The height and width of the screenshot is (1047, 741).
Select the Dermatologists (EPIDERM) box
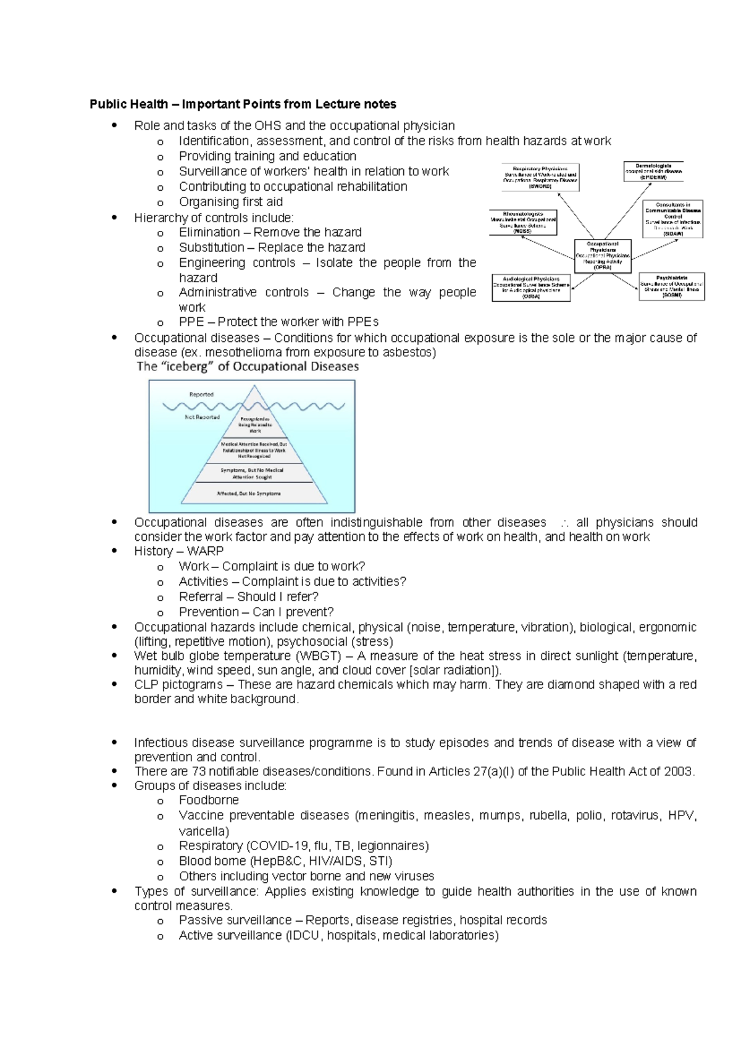pyautogui.click(x=653, y=171)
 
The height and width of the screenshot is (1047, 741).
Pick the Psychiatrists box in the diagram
pyautogui.click(x=671, y=287)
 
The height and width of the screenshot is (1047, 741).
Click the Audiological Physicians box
pyautogui.click(x=531, y=288)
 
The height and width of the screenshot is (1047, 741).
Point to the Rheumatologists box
pyautogui.click(x=523, y=223)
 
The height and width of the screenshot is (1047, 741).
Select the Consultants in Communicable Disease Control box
pyautogui.click(x=672, y=219)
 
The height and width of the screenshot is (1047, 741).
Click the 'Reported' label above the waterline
pyautogui.click(x=201, y=394)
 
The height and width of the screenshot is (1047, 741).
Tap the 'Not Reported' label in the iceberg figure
pyautogui.click(x=203, y=417)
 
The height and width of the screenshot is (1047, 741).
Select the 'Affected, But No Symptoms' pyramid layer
pyautogui.click(x=248, y=494)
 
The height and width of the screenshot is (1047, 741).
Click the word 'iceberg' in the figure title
pyautogui.click(x=184, y=367)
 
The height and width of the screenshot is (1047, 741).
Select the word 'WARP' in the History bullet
pyautogui.click(x=205, y=551)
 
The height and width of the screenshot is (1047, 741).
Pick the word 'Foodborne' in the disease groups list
pyautogui.click(x=209, y=800)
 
